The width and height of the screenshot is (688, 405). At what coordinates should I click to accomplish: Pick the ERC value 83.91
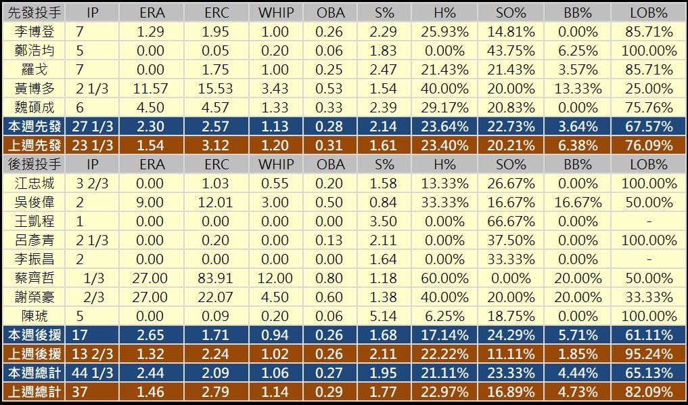point(216,278)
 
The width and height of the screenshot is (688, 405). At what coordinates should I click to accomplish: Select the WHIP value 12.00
point(275,278)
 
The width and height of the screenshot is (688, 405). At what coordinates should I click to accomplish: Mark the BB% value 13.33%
point(577,89)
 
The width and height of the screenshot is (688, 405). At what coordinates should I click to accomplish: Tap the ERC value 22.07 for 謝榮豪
point(216,297)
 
